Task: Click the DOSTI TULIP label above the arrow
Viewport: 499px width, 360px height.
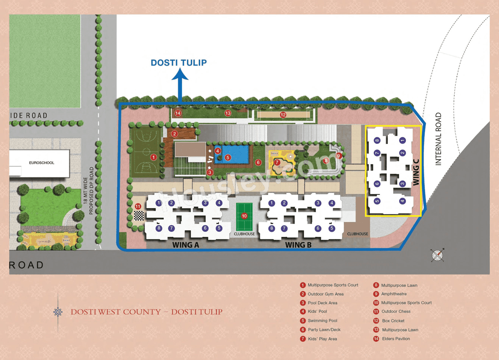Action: (179, 62)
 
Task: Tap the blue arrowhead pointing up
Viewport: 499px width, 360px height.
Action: (180, 74)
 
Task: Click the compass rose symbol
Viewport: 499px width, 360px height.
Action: (438, 255)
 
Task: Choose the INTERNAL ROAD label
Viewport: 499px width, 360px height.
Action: (438, 139)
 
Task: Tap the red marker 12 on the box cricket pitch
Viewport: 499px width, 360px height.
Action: (283, 115)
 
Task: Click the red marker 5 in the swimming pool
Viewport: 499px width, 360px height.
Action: (228, 157)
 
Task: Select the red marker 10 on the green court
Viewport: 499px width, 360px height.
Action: (244, 215)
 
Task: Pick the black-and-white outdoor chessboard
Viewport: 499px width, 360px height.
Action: (138, 215)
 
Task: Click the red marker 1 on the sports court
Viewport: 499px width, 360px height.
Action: (154, 157)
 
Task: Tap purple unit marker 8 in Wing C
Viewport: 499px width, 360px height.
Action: (377, 140)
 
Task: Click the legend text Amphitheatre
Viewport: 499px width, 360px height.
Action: (394, 294)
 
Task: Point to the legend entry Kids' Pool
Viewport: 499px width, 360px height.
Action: (317, 311)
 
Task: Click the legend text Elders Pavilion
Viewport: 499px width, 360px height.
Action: (396, 339)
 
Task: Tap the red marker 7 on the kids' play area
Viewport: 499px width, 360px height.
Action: (277, 162)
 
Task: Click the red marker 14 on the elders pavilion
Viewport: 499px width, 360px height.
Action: (178, 113)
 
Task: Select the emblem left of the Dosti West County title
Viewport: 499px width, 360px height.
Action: (58, 312)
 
